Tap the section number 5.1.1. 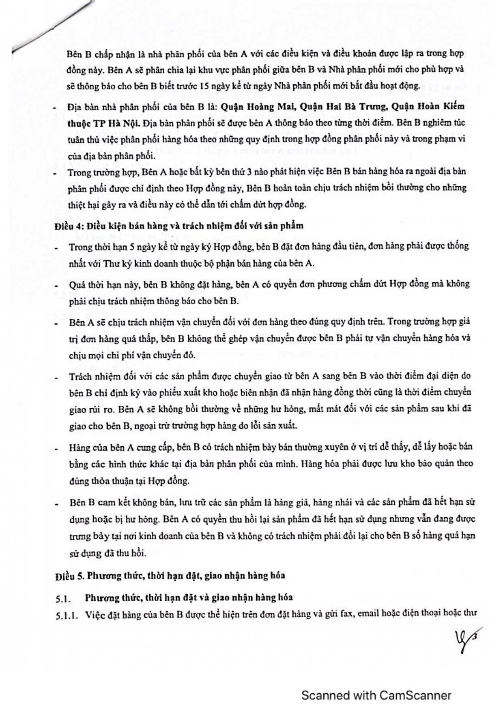[68, 615]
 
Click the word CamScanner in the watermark [415, 695]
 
